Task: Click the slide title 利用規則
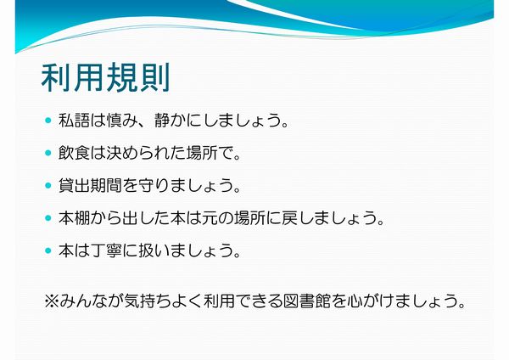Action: (106, 77)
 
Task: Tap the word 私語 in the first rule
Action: (75, 121)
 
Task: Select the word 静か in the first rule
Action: (171, 121)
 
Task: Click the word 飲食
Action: (75, 153)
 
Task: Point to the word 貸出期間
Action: (90, 186)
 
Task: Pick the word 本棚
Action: (75, 218)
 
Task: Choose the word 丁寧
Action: (106, 250)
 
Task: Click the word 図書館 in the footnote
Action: (307, 301)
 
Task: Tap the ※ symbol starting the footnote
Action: (51, 301)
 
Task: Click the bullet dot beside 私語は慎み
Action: (48, 121)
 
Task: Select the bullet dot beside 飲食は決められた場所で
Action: (48, 153)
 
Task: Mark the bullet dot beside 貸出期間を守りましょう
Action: (48, 186)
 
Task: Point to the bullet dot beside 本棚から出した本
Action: (48, 218)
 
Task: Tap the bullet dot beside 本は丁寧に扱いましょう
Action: (48, 250)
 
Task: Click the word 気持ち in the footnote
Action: (148, 301)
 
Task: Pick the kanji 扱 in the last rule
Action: (146, 250)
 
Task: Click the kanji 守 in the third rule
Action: (146, 186)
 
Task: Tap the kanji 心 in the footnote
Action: (355, 301)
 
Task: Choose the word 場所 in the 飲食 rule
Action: (202, 153)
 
